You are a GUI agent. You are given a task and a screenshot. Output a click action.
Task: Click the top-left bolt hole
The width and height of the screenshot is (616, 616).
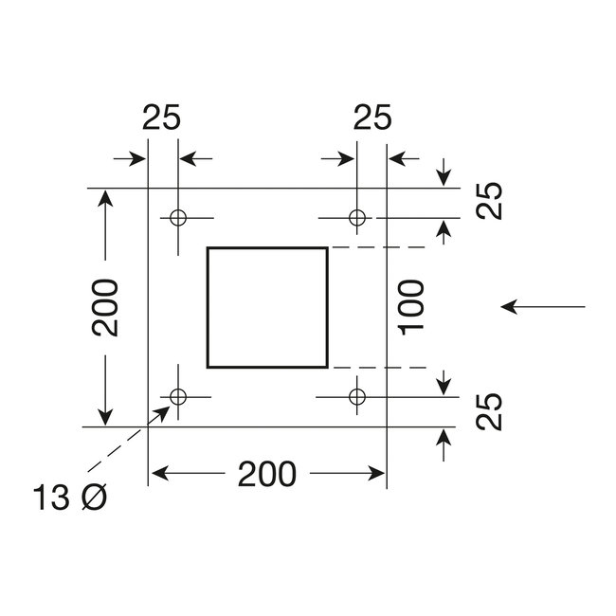point(176,218)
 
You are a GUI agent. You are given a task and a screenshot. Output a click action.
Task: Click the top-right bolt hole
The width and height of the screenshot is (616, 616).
point(357,218)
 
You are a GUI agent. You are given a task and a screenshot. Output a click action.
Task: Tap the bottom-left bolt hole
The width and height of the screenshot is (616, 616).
point(176,395)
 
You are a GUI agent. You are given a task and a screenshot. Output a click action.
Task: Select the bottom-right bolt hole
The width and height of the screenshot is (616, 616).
point(357,395)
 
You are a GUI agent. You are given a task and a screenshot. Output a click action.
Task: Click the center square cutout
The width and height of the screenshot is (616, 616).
point(267,306)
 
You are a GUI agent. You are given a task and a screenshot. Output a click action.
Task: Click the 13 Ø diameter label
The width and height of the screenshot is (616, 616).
point(69,498)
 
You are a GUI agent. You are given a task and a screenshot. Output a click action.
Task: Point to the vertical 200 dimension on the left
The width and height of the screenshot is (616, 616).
point(105,308)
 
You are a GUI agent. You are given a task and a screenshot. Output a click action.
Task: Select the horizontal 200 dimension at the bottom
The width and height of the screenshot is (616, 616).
point(268,471)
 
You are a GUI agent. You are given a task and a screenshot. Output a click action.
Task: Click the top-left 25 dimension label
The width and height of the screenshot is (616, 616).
point(162,118)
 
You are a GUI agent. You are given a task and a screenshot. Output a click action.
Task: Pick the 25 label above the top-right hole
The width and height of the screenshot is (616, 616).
point(371,118)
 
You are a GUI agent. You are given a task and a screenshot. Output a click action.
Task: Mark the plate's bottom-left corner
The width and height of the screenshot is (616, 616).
point(149,426)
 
